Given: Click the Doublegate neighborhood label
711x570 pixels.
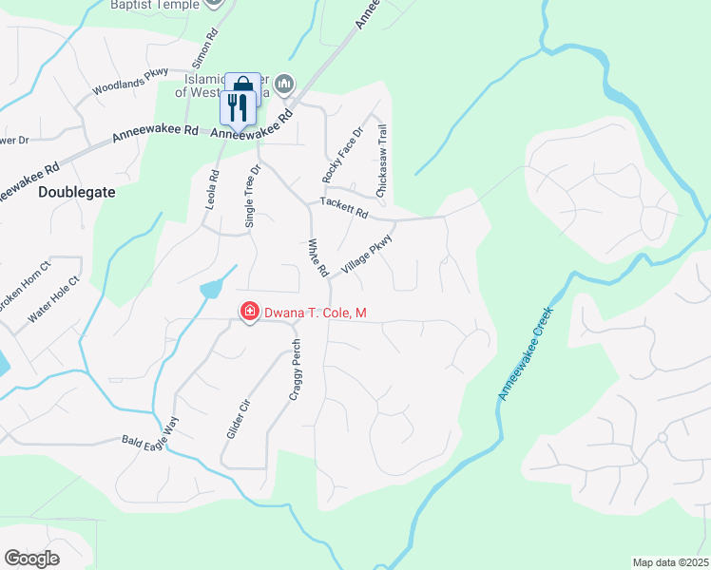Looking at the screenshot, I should tap(77, 191).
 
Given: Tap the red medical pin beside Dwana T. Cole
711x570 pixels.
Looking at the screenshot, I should tap(249, 312).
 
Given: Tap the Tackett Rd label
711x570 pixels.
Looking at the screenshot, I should tap(343, 207).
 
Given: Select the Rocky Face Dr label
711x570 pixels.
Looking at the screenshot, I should tap(343, 156).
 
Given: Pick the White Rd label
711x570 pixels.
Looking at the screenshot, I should tap(317, 257).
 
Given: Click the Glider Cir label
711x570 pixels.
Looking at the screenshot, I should tap(239, 418).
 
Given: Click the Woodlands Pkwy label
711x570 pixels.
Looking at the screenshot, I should tap(130, 81).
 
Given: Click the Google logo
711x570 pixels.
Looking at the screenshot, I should tap(32, 559).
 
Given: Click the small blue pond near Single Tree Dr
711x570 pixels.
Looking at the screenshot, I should tap(211, 288).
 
